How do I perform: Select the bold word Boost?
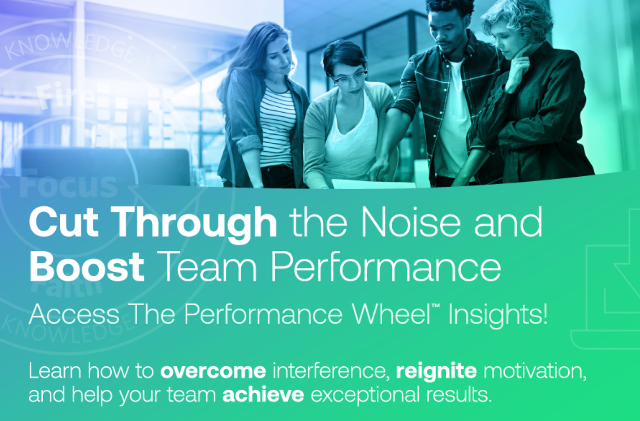pyautogui.click(x=87, y=268)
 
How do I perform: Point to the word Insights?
pyautogui.click(x=498, y=315)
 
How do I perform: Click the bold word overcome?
pyautogui.click(x=213, y=371)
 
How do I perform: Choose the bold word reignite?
pyautogui.click(x=436, y=371)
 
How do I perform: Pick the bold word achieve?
pyautogui.click(x=263, y=395)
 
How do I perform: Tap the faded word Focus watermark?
pyautogui.click(x=69, y=185)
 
